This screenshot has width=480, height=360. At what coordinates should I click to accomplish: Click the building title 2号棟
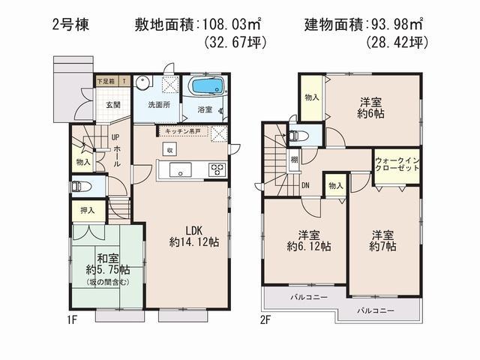coord(70,25)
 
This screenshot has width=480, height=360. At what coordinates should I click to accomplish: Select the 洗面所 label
coord(158,105)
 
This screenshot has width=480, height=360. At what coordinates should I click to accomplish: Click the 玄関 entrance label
coord(112,105)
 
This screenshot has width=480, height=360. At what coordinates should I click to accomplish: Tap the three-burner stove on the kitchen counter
coord(217,169)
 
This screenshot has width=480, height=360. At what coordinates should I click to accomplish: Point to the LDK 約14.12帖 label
coord(185,235)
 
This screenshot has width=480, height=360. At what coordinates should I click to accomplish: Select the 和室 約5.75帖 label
coord(106,263)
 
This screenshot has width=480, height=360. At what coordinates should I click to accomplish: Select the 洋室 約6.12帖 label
coord(305,240)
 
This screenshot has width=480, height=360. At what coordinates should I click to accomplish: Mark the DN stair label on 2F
coord(306,185)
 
